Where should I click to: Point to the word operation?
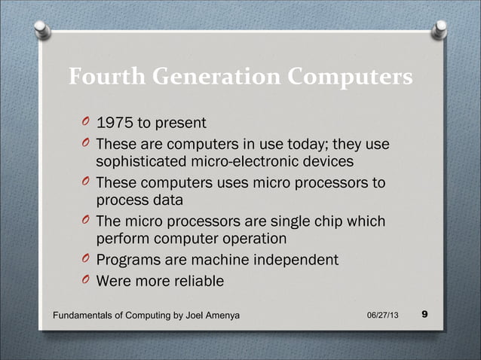tap(249, 240)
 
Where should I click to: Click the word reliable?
tap(198, 282)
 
